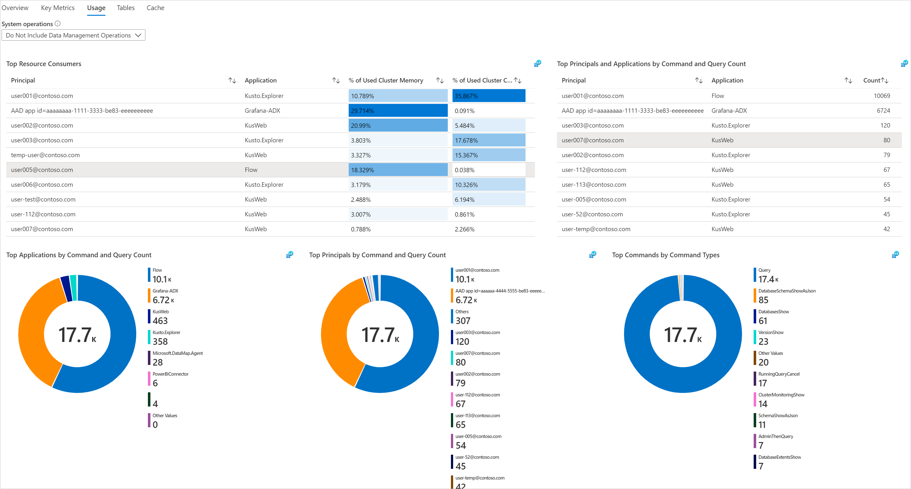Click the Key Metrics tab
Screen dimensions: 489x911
point(58,8)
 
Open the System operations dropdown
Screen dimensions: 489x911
point(73,35)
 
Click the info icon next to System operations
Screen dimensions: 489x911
point(58,24)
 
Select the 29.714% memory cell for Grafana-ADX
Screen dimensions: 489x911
point(397,111)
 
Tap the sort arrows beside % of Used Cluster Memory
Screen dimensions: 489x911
point(440,80)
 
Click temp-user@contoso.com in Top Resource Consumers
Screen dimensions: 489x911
point(45,155)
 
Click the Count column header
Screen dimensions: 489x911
point(871,80)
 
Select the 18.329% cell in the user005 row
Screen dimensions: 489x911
point(397,170)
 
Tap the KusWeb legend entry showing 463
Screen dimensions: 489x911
point(160,317)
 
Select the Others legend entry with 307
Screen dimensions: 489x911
point(462,317)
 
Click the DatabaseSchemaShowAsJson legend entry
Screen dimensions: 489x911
point(786,296)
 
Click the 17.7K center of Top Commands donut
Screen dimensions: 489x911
point(683,334)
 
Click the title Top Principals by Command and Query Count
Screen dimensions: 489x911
point(377,255)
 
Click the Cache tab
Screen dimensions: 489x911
point(155,8)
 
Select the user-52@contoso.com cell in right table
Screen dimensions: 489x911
point(592,214)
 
